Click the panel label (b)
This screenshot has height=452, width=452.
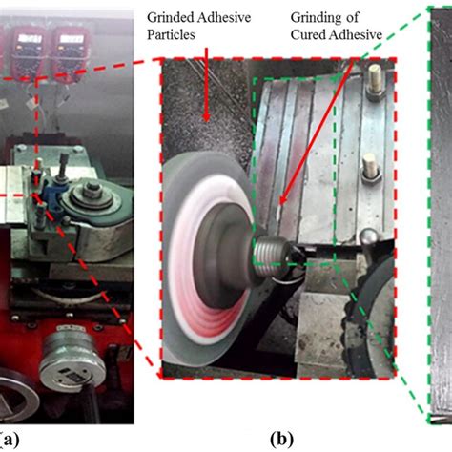[283, 441]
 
